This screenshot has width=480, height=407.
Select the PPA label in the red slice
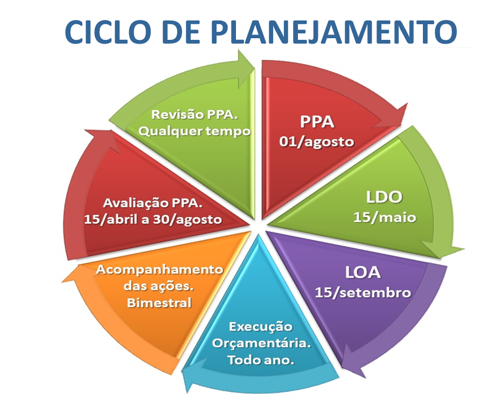coord(317,122)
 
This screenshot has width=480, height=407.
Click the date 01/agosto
coord(317,142)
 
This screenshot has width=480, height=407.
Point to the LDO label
coord(384,197)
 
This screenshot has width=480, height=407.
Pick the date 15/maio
coord(385,217)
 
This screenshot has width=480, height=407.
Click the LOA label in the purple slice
coord(363,272)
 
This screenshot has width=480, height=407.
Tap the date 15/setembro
coord(363,293)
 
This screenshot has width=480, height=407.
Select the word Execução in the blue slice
coord(261,327)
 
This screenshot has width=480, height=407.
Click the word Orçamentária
coord(261,343)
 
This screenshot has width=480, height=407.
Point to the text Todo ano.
coord(261,360)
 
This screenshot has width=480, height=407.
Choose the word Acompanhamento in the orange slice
coord(159,270)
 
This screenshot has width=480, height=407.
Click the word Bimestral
coord(159,303)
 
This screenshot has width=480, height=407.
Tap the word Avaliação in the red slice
coord(136,203)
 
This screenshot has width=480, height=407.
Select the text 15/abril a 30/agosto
coord(153,220)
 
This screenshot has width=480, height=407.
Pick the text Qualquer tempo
coord(194,131)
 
